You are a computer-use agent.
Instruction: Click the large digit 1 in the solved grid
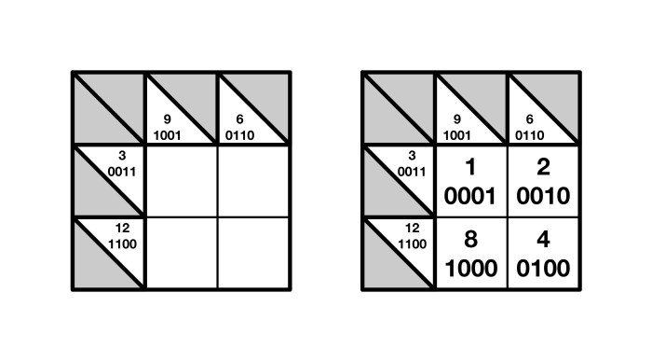[470, 168]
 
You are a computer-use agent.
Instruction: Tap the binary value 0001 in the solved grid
[470, 196]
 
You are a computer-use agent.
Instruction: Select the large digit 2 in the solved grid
[543, 168]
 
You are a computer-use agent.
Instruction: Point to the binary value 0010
[543, 196]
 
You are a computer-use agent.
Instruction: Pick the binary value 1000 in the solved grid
[470, 269]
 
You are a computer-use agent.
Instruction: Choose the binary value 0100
[543, 269]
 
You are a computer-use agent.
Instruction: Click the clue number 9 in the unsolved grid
[167, 119]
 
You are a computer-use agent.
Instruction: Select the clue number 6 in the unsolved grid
[240, 119]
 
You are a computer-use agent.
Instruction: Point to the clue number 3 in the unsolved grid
[123, 156]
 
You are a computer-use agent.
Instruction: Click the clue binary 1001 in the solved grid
[456, 133]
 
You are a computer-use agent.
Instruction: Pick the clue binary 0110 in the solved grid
[529, 133]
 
